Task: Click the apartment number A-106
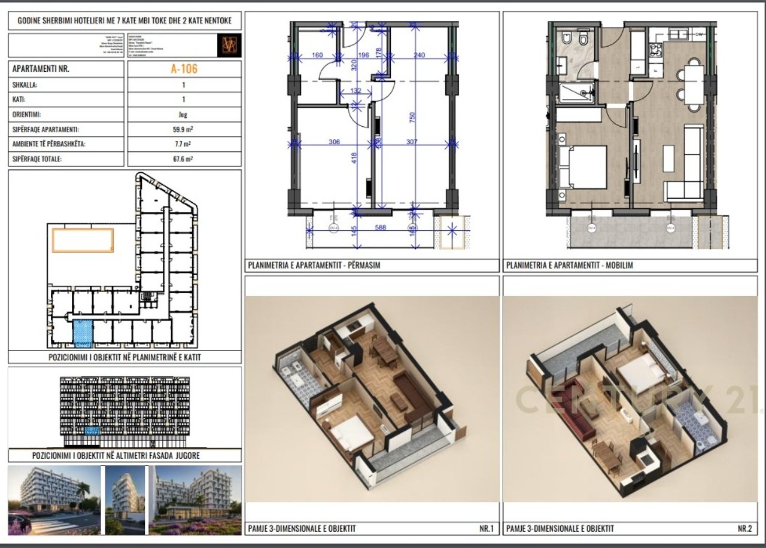184,69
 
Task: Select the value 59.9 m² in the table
184,129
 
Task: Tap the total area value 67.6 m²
184,159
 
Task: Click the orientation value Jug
184,114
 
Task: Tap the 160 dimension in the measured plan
317,56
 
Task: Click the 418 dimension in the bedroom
354,158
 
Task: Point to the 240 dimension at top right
418,56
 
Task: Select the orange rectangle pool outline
83,240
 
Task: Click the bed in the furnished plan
583,167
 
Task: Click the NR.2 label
744,528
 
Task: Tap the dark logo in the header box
229,45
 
